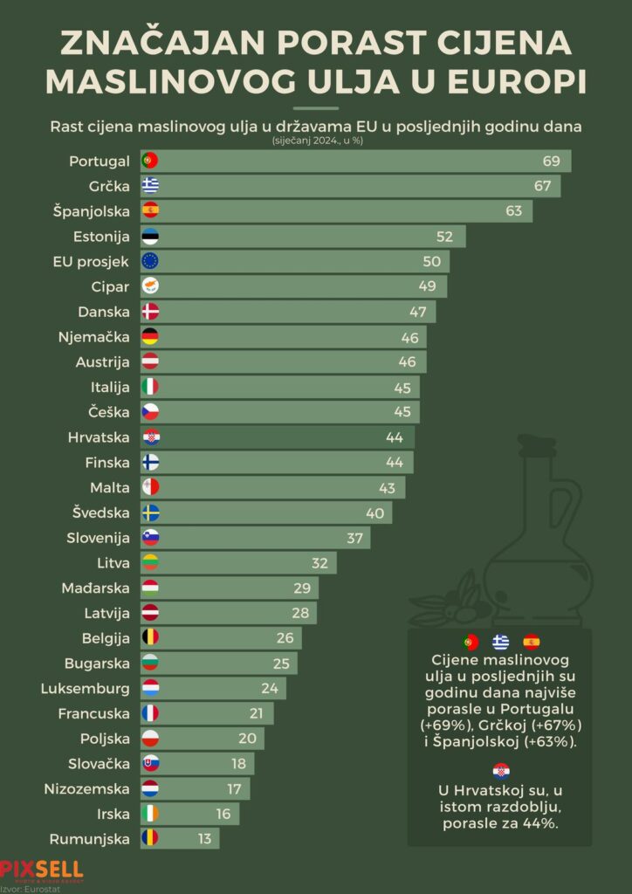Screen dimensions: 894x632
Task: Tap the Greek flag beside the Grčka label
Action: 150,185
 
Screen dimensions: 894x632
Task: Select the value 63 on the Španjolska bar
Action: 513,210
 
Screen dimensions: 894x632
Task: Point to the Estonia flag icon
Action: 150,236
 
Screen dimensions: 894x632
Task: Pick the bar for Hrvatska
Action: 279,437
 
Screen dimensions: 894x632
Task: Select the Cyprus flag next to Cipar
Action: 150,286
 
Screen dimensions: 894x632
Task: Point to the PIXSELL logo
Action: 41,870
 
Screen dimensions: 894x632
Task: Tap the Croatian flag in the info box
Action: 500,771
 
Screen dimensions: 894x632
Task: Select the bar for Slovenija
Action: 258,538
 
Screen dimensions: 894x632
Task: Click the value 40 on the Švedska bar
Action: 375,512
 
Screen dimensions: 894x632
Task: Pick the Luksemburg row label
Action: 86,688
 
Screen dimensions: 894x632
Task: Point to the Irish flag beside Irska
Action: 150,814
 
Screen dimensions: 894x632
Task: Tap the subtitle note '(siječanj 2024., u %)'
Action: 315,141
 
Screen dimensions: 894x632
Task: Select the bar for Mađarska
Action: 231,588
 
